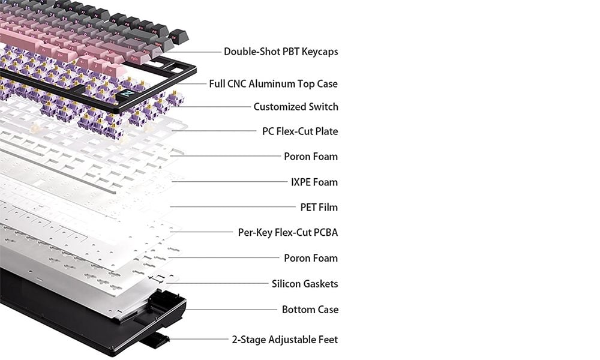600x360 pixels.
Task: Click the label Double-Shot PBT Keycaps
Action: click(x=281, y=52)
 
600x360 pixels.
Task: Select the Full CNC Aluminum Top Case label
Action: click(x=273, y=84)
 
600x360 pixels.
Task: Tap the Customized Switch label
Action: click(x=296, y=107)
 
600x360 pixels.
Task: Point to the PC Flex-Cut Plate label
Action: click(x=300, y=131)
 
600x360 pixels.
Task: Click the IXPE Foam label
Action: click(x=314, y=182)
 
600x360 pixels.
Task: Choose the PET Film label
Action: click(x=319, y=208)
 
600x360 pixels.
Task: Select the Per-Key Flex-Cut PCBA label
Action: click(x=288, y=233)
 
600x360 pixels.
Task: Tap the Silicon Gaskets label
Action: click(x=305, y=284)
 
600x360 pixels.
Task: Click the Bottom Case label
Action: click(x=310, y=310)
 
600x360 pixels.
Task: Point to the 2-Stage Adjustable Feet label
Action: click(x=284, y=340)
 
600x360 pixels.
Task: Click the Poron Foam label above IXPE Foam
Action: click(x=311, y=157)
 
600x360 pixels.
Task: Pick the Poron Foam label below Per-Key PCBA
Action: click(x=311, y=258)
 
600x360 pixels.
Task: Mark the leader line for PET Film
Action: click(x=233, y=207)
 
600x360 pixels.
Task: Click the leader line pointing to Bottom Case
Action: click(x=231, y=310)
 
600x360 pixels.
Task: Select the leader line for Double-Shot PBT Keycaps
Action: click(x=191, y=52)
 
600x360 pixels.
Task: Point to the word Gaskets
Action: click(x=320, y=284)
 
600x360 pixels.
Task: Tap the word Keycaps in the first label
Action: click(x=320, y=52)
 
